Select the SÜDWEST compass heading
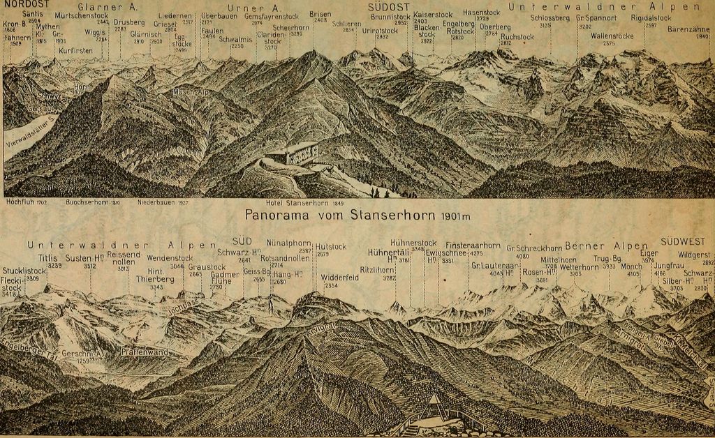(x=682, y=242)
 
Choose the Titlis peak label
(x=49, y=258)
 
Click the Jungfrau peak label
(x=668, y=266)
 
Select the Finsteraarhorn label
(x=473, y=246)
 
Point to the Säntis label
(x=32, y=13)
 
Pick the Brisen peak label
(x=320, y=14)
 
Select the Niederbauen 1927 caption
(x=163, y=202)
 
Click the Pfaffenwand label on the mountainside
(x=145, y=352)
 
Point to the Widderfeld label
(x=340, y=277)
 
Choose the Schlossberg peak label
(x=550, y=17)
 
